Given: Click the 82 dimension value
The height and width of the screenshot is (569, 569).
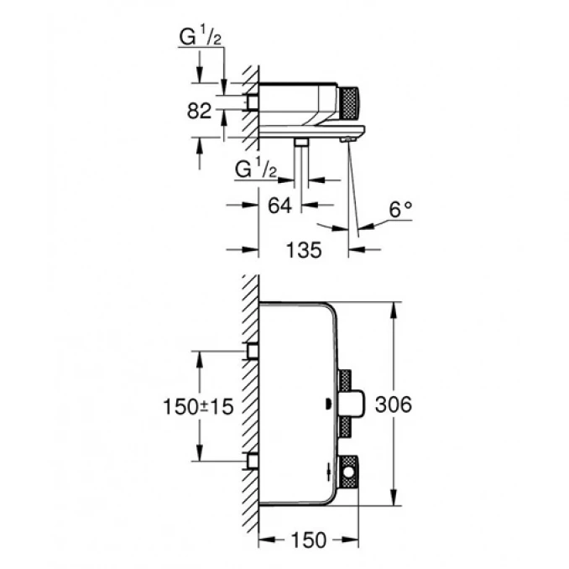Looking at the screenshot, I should [199, 111].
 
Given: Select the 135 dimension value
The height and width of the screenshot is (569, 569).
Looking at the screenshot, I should [302, 250].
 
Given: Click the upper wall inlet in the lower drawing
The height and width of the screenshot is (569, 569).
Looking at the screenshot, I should [250, 351].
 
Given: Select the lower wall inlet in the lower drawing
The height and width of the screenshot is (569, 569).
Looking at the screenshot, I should [250, 461].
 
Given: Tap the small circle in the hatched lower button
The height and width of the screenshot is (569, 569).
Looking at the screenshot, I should [350, 480].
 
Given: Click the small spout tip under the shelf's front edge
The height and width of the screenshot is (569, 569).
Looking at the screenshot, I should [345, 141].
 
